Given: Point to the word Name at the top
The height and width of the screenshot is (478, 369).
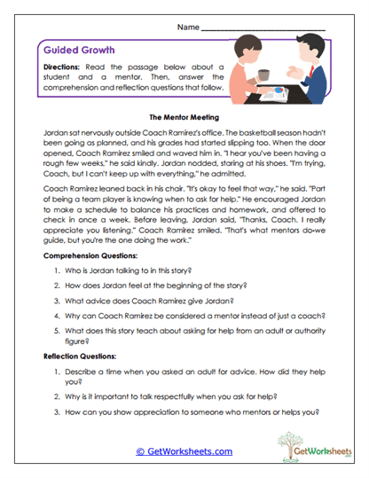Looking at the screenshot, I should click(x=187, y=27).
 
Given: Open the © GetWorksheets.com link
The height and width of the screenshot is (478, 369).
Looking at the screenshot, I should click(x=184, y=451).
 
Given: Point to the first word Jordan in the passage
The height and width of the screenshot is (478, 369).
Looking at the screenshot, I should click(x=56, y=130).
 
